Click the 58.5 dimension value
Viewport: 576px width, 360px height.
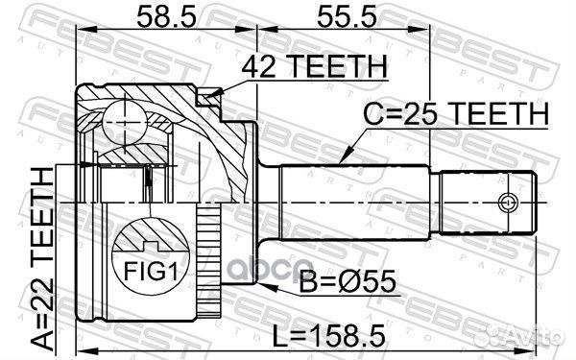pos(166,17)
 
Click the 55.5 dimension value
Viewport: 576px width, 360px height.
pos(347,17)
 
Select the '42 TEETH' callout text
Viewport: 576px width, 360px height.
pos(315,66)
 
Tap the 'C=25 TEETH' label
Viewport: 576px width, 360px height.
pos(455,113)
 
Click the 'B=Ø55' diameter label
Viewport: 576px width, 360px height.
pos(348,281)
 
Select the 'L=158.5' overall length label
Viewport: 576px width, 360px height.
pos(328,335)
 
